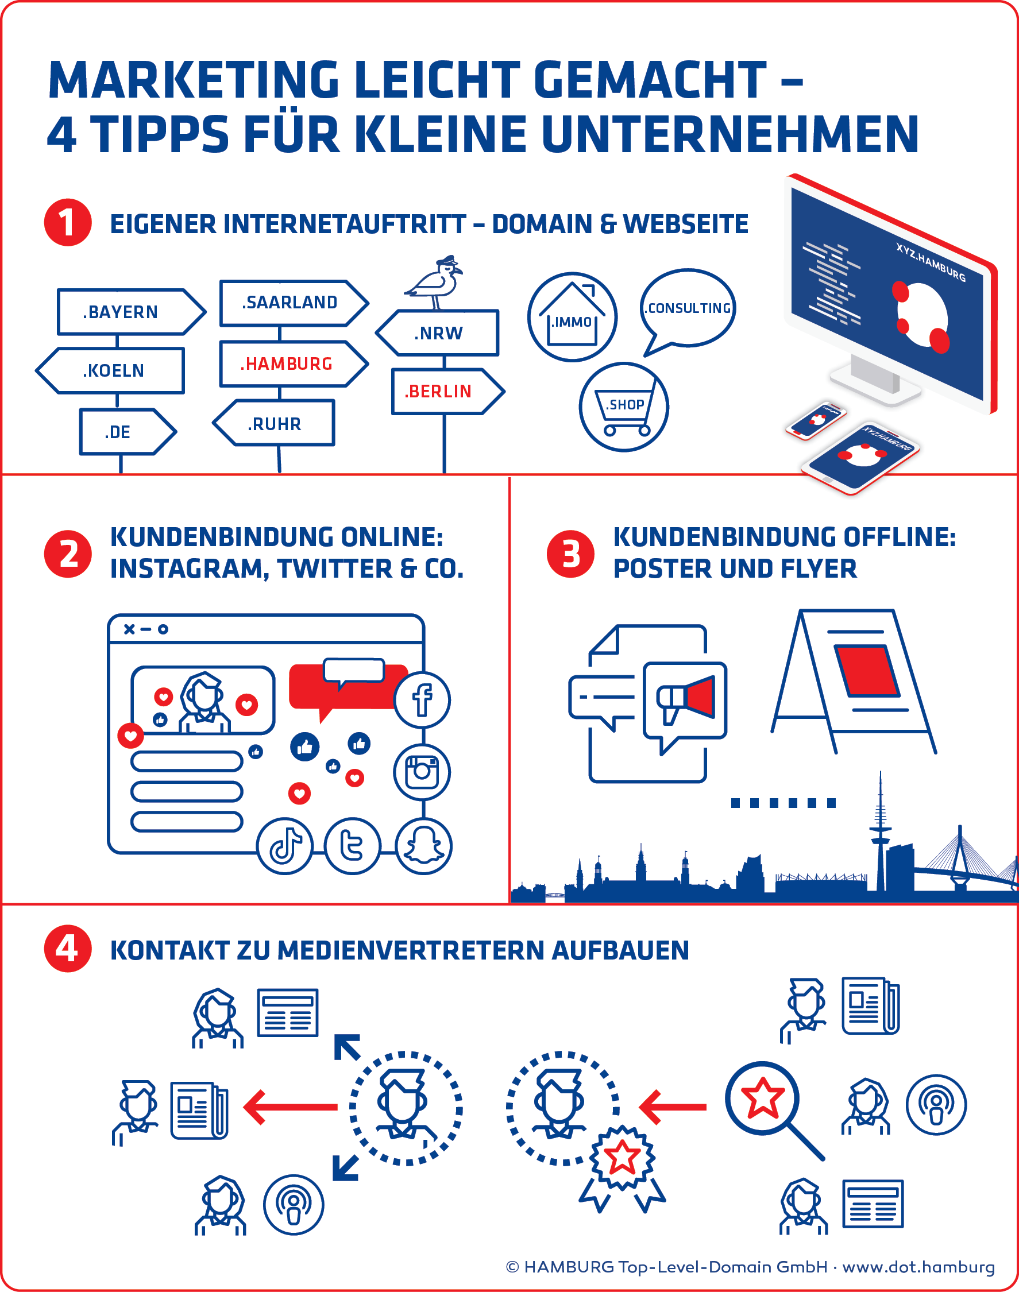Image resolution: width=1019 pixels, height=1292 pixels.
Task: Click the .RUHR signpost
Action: [x=274, y=424]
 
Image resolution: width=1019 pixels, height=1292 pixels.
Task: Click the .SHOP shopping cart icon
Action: [x=623, y=407]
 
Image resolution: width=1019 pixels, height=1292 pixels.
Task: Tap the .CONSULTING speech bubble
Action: [x=688, y=310]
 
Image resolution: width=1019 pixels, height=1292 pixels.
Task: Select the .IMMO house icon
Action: [x=572, y=317]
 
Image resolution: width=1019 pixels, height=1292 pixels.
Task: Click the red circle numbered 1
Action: [x=68, y=222]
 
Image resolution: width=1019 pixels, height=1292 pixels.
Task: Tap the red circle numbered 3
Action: [x=571, y=554]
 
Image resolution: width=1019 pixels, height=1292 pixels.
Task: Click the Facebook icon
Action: [x=422, y=699]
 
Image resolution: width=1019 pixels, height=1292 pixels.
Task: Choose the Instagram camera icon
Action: [x=422, y=772]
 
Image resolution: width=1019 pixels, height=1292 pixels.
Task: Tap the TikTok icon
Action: [x=284, y=846]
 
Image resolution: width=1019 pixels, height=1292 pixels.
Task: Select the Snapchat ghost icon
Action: [x=423, y=846]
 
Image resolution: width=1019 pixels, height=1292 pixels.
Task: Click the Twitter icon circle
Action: [x=353, y=846]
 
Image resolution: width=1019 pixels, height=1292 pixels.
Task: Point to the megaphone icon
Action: [x=685, y=699]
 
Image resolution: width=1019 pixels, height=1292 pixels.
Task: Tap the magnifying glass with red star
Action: [x=774, y=1110]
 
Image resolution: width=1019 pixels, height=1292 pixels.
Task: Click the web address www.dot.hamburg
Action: [x=919, y=1266]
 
